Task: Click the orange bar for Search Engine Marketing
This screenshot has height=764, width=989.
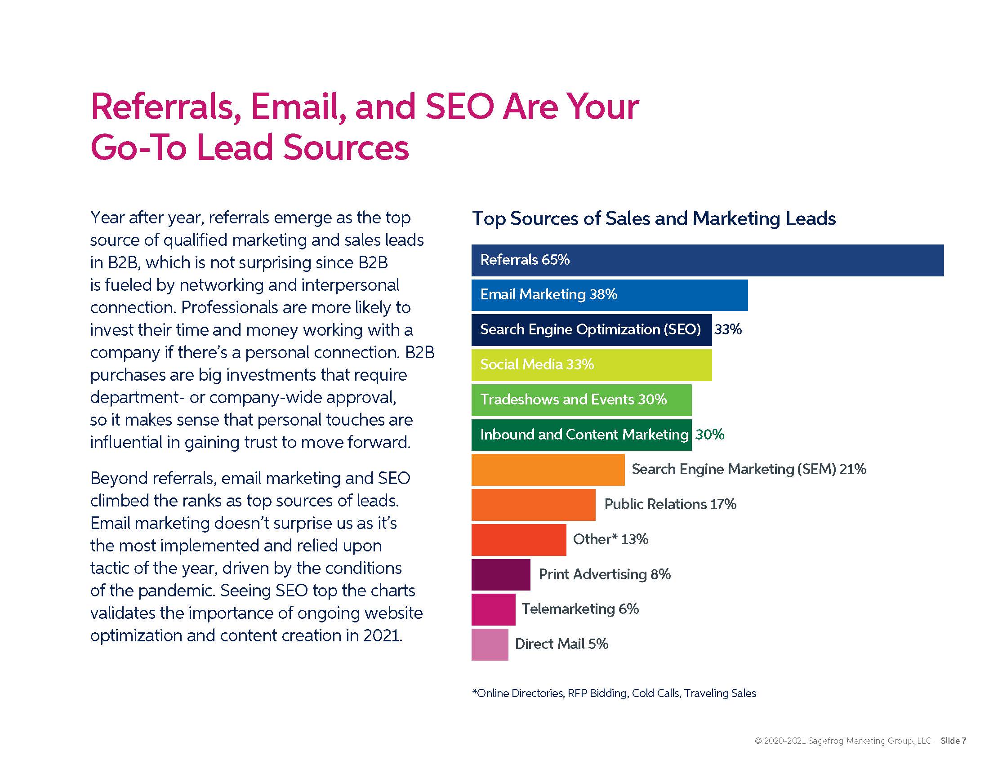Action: click(548, 470)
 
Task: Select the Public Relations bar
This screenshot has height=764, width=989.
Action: click(533, 505)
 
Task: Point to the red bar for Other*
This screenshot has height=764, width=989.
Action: click(518, 540)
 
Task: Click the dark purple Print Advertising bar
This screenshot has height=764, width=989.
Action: click(500, 575)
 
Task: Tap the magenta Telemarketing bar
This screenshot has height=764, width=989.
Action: click(493, 610)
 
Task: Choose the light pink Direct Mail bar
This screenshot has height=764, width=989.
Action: click(490, 644)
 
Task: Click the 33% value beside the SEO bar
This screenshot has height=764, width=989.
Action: click(728, 329)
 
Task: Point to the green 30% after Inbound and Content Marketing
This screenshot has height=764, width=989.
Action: click(709, 435)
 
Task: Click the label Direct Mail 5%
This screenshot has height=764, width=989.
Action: click(561, 644)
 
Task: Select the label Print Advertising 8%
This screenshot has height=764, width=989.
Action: click(605, 574)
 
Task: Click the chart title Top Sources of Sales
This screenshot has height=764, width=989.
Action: click(654, 218)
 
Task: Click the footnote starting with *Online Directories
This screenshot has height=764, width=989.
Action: click(614, 693)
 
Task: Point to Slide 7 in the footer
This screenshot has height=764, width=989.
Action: click(953, 741)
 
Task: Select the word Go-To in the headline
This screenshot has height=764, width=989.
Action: click(138, 147)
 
